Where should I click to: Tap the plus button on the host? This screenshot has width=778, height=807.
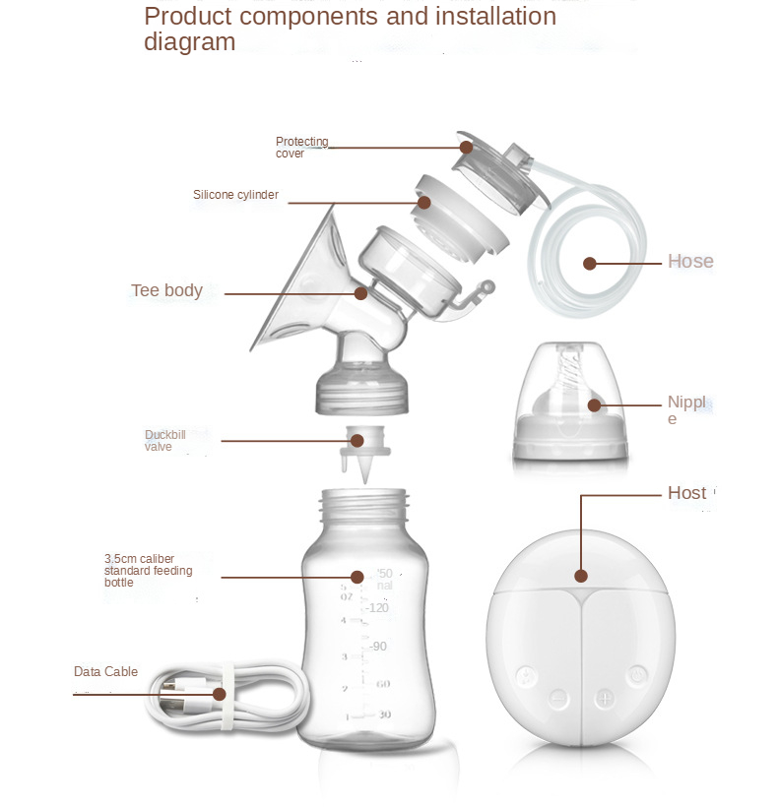pos(604,698)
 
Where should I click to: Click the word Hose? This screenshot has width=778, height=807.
pos(690,262)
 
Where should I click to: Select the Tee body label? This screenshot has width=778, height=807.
pos(166,290)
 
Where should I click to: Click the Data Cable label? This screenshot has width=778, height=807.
pos(105,672)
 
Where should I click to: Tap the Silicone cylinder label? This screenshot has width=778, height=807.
pos(235,195)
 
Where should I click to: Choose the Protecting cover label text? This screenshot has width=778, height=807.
pos(301,148)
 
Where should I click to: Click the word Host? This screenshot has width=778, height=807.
pos(686,493)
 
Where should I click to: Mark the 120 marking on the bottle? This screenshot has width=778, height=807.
pos(377,608)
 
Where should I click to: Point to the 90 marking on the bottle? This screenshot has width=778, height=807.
pos(378,647)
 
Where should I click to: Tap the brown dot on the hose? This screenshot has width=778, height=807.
pos(589,264)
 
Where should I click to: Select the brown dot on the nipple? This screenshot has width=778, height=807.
pos(595,404)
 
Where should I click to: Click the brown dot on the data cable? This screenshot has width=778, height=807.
pos(219,694)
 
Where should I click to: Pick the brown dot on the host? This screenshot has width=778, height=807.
pos(581,576)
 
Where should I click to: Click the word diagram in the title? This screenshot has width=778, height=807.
pos(189,42)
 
